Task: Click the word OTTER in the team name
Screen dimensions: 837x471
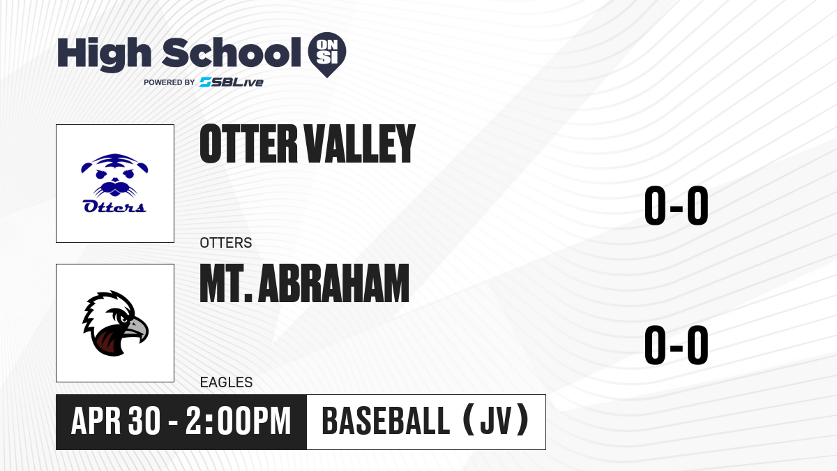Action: (248, 144)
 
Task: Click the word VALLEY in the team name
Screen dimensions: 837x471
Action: (360, 144)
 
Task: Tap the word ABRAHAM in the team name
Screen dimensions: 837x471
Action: (333, 283)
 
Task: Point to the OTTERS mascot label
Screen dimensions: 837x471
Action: (226, 243)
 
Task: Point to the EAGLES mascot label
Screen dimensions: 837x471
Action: (227, 382)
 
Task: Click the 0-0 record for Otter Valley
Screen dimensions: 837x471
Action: (677, 205)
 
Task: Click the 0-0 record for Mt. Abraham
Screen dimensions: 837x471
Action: (677, 345)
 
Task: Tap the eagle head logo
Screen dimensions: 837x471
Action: (115, 323)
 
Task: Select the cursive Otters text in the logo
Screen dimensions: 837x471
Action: (114, 207)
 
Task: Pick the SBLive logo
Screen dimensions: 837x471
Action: (232, 82)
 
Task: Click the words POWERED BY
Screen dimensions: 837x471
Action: (169, 82)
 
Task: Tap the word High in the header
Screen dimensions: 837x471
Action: (104, 54)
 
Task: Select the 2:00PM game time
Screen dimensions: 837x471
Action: (238, 421)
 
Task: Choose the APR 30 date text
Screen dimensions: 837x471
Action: (116, 421)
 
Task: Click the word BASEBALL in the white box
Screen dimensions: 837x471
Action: (386, 421)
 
